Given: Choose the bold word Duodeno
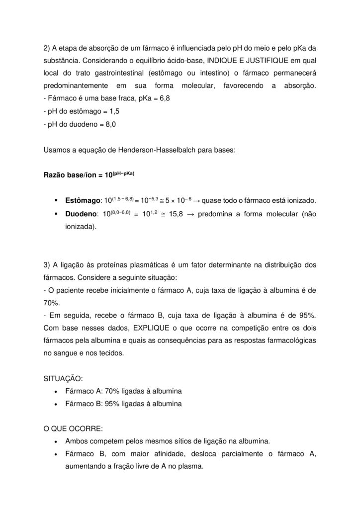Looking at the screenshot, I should click(82, 214).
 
